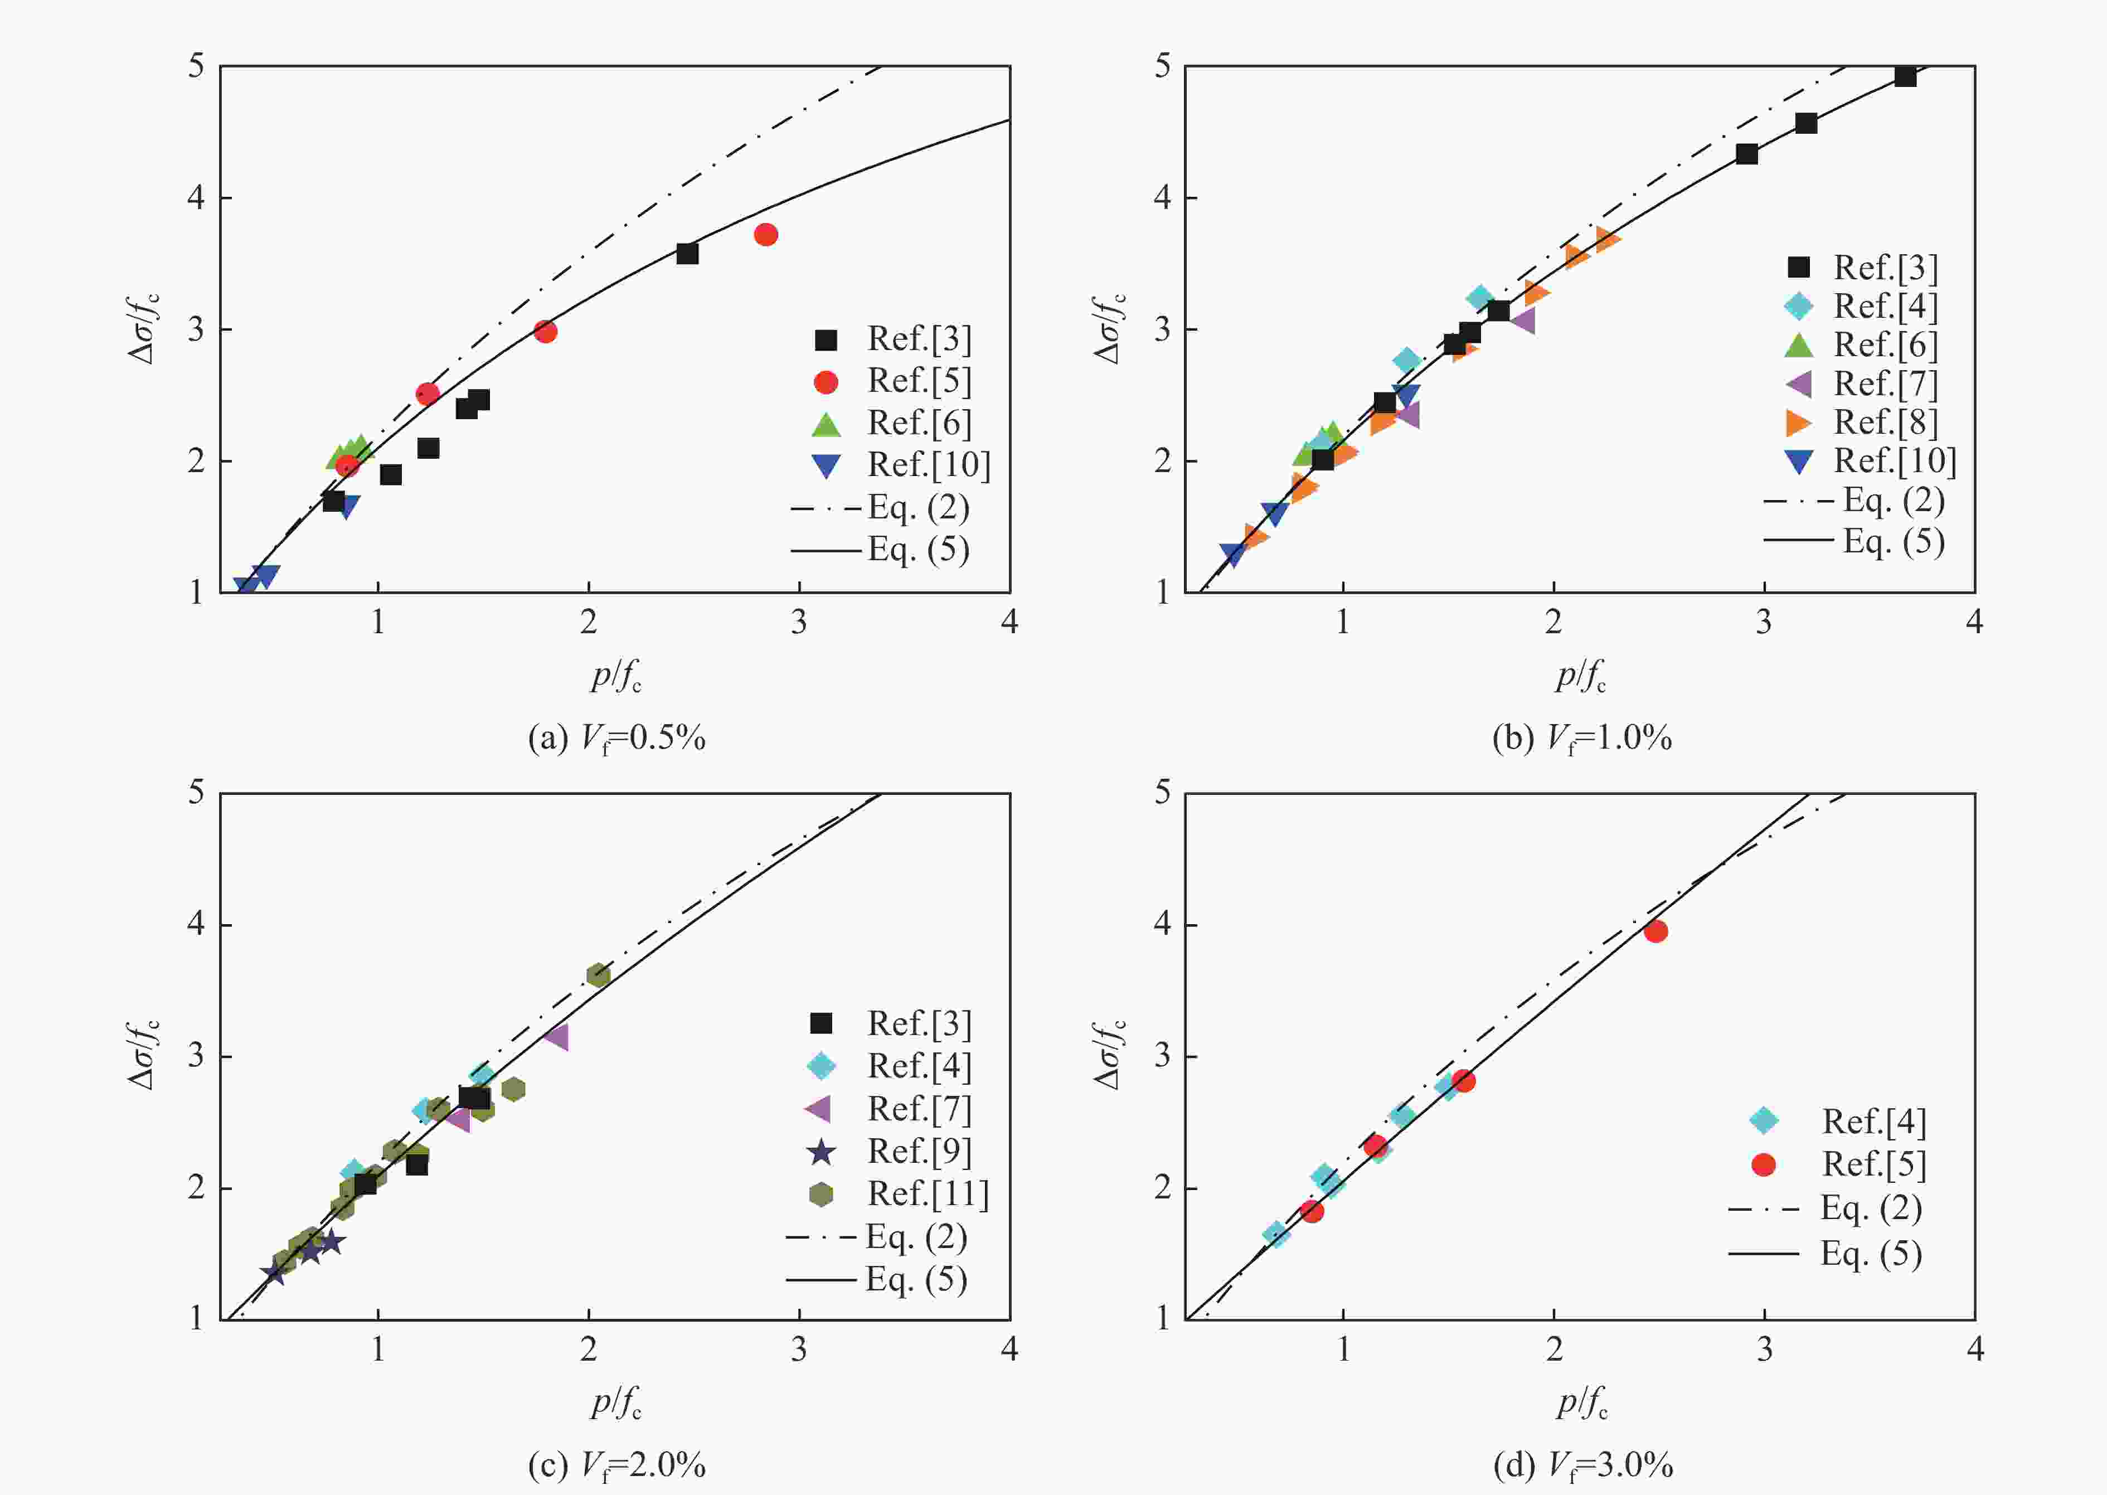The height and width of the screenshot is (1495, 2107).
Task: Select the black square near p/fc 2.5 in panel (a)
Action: pyautogui.click(x=687, y=253)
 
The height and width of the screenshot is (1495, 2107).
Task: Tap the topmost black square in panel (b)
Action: pyautogui.click(x=1905, y=76)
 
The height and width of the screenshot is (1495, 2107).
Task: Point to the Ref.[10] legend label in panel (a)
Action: pyautogui.click(x=929, y=465)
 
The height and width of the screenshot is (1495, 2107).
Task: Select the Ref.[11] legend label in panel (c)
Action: pyautogui.click(x=928, y=1194)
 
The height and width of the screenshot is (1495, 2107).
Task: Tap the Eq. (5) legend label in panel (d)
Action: pyautogui.click(x=1871, y=1254)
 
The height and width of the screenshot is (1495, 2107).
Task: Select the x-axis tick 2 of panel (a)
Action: pyautogui.click(x=588, y=622)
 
